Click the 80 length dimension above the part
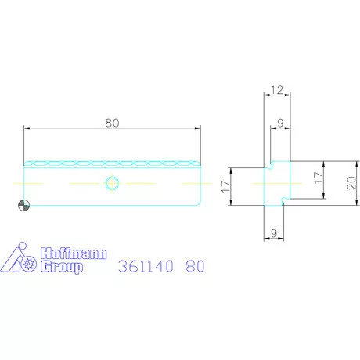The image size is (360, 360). pos(112,123)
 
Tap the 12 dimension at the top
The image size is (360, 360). pos(277,90)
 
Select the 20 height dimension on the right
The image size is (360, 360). pos(351,183)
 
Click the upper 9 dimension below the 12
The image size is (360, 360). pos(280,123)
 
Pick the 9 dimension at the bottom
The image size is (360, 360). pos(274,233)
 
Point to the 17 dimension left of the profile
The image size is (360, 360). pos(226,186)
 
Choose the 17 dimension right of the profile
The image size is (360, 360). pos(319,178)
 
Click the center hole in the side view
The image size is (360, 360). pos(112,183)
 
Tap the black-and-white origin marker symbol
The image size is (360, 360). pos(23,205)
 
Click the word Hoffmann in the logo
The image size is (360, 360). pos(74,254)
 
